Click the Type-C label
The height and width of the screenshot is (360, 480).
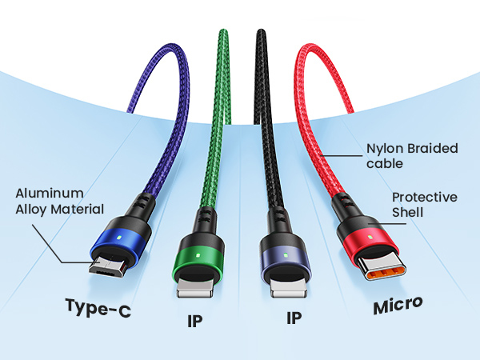click(x=98, y=308)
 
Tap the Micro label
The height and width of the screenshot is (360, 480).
click(x=398, y=306)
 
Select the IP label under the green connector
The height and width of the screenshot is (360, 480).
click(x=195, y=321)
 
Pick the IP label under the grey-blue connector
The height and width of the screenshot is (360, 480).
click(x=294, y=318)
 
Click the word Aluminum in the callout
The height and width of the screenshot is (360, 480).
click(x=50, y=194)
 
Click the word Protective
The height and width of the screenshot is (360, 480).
click(x=425, y=197)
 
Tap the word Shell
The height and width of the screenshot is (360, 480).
click(x=407, y=213)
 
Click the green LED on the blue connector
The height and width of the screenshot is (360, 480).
click(x=119, y=238)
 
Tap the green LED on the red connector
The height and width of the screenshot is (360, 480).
click(x=370, y=238)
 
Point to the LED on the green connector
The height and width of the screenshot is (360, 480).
click(x=198, y=254)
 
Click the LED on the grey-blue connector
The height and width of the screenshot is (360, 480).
click(x=286, y=254)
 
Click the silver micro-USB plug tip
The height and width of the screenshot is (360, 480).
click(x=109, y=266)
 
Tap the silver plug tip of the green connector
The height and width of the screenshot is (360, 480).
click(x=194, y=288)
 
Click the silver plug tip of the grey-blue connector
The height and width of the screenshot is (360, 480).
click(x=289, y=288)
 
